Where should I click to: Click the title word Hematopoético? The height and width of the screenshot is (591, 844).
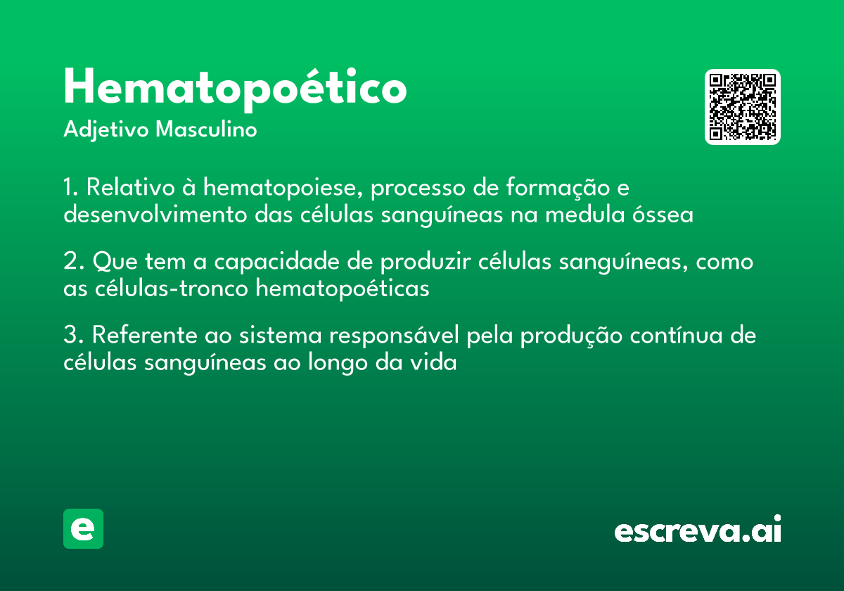pyautogui.click(x=235, y=90)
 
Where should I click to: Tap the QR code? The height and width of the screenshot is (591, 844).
pyautogui.click(x=742, y=107)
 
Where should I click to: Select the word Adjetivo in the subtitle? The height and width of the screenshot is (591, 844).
pyautogui.click(x=106, y=130)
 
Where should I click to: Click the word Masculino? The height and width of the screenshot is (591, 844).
pyautogui.click(x=206, y=129)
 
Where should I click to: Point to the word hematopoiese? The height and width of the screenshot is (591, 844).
pyautogui.click(x=283, y=187)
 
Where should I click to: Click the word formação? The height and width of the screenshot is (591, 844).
pyautogui.click(x=558, y=187)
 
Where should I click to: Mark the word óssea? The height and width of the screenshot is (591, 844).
pyautogui.click(x=663, y=215)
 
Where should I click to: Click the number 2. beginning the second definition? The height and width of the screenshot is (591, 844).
pyautogui.click(x=74, y=261)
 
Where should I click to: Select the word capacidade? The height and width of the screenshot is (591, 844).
pyautogui.click(x=276, y=262)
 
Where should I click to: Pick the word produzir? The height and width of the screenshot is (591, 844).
pyautogui.click(x=426, y=262)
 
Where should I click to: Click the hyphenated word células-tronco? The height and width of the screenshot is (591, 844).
pyautogui.click(x=172, y=288)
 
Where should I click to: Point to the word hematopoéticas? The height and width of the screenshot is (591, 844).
pyautogui.click(x=343, y=289)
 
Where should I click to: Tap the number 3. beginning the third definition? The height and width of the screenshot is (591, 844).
pyautogui.click(x=74, y=335)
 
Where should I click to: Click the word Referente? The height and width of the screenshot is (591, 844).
pyautogui.click(x=145, y=335)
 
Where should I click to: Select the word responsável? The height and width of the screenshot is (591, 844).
pyautogui.click(x=394, y=336)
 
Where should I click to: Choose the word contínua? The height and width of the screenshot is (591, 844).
pyautogui.click(x=677, y=335)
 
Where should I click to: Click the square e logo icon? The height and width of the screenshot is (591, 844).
pyautogui.click(x=83, y=528)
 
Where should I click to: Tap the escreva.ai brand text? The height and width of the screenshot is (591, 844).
pyautogui.click(x=698, y=529)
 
